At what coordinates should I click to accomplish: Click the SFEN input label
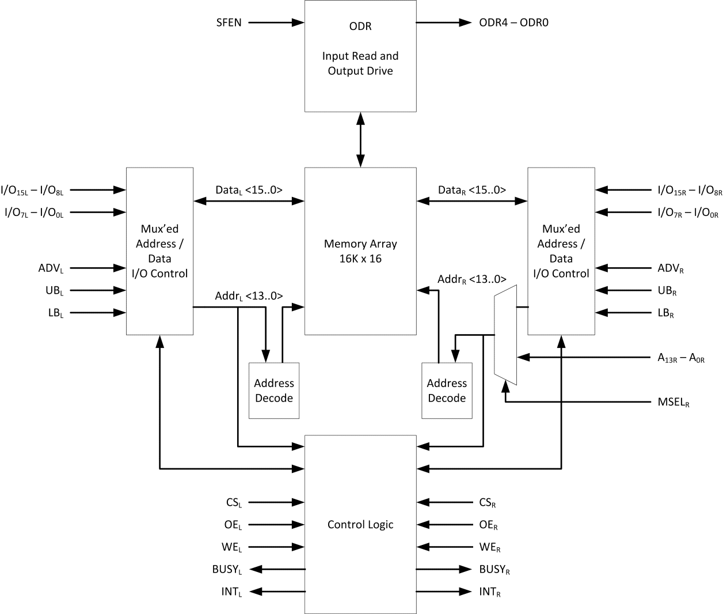(229, 23)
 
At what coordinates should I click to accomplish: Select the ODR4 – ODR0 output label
(513, 23)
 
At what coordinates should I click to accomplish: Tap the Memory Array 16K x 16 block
(360, 251)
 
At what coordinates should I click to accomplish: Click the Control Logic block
(360, 524)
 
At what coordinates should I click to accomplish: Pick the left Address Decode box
(274, 391)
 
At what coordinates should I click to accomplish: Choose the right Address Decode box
(447, 391)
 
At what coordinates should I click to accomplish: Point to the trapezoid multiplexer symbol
(506, 334)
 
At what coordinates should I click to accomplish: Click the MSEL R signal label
(673, 402)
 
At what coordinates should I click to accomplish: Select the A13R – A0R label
(680, 358)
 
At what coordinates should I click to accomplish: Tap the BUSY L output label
(227, 570)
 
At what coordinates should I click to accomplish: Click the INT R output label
(490, 592)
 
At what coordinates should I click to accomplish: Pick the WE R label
(490, 547)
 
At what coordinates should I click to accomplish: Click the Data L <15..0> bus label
(249, 190)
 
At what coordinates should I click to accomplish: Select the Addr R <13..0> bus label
(471, 279)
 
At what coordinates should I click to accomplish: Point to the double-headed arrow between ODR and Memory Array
(360, 139)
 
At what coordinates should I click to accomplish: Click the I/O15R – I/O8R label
(690, 190)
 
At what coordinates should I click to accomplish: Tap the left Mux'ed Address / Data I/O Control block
(159, 251)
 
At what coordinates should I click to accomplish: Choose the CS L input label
(234, 503)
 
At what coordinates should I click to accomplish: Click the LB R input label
(665, 313)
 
